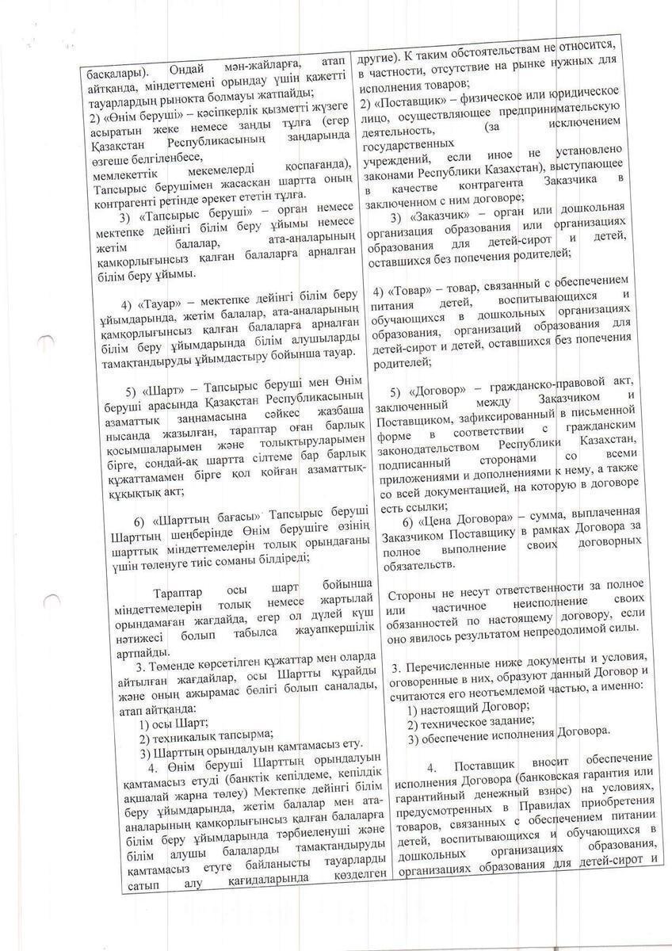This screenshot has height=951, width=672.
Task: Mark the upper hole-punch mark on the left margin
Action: click(x=48, y=342)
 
